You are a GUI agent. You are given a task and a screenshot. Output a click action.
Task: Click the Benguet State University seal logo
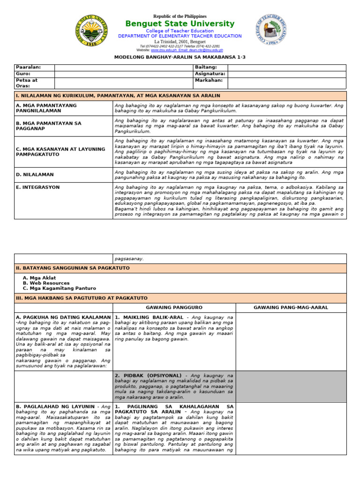(x=91, y=31)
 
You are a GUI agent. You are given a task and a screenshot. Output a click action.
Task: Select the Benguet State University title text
(x=180, y=24)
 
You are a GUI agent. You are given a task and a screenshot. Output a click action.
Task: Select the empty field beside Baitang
(x=286, y=67)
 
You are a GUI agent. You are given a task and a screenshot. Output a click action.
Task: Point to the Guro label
(x=23, y=74)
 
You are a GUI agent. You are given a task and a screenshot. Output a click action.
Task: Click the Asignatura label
(x=210, y=74)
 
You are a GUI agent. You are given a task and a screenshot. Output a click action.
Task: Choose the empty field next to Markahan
(x=286, y=83)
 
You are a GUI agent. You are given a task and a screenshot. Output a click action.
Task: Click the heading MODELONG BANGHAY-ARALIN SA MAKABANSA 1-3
(x=180, y=57)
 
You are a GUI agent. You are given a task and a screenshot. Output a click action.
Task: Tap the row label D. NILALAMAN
(x=35, y=175)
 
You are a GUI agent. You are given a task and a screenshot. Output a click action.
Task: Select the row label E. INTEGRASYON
(x=38, y=187)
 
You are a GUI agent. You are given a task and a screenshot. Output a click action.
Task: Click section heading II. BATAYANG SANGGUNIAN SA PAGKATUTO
(x=73, y=268)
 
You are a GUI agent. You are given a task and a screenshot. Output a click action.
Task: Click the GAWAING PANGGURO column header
(x=174, y=307)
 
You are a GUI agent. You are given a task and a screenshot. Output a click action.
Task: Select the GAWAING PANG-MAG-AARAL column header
(x=291, y=307)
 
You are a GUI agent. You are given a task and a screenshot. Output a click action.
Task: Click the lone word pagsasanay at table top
(x=129, y=258)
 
